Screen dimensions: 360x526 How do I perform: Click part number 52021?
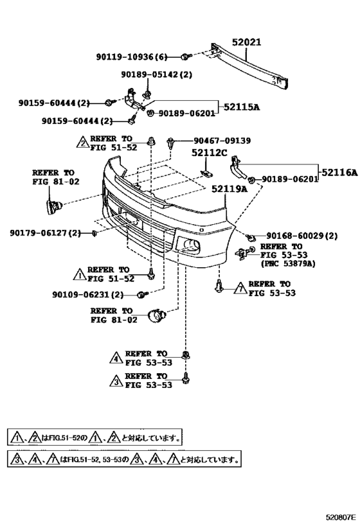[x=246, y=42]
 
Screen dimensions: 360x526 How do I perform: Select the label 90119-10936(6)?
[x=132, y=57]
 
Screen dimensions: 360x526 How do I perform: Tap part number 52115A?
[x=242, y=107]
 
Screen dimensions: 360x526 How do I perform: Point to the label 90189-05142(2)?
[x=157, y=75]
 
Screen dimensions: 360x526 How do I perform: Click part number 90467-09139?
[x=222, y=141]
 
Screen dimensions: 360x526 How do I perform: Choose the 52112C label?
[x=209, y=153]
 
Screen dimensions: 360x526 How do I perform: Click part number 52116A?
[x=339, y=172]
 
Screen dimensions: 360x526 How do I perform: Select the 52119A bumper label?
[x=230, y=189]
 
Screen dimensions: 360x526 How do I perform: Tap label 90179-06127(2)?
[x=46, y=232]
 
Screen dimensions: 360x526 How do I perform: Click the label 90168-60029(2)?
[x=302, y=236]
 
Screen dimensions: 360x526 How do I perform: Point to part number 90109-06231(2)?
[x=87, y=295]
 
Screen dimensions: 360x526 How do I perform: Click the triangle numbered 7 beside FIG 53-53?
[x=240, y=288]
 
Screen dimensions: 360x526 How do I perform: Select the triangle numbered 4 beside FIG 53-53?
[x=116, y=358]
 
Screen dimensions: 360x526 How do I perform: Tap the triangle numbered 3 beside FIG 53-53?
[x=116, y=380]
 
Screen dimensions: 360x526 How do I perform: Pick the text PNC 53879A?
[x=288, y=264]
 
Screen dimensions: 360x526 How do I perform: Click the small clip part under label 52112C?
[x=206, y=174]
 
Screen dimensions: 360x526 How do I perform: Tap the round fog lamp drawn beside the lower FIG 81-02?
[x=157, y=315]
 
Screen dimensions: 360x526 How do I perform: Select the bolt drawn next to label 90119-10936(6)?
[x=186, y=57]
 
